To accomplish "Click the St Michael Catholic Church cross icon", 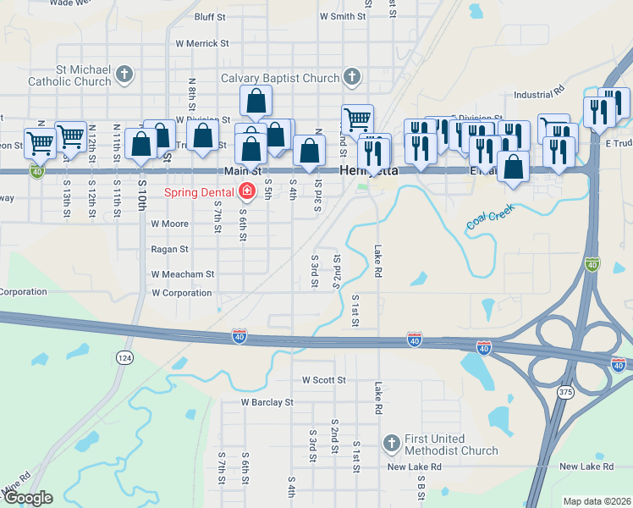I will [124, 75].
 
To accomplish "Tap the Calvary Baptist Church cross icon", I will [352, 79].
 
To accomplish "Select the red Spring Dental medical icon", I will [247, 192].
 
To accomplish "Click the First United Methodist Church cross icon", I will [391, 443].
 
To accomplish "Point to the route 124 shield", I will [125, 358].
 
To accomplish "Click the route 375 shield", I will [565, 393].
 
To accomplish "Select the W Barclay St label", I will [267, 403].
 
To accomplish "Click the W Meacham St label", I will [183, 274].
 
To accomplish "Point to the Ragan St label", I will [169, 250].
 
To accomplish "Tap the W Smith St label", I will [342, 16].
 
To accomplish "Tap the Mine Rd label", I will [17, 483].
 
